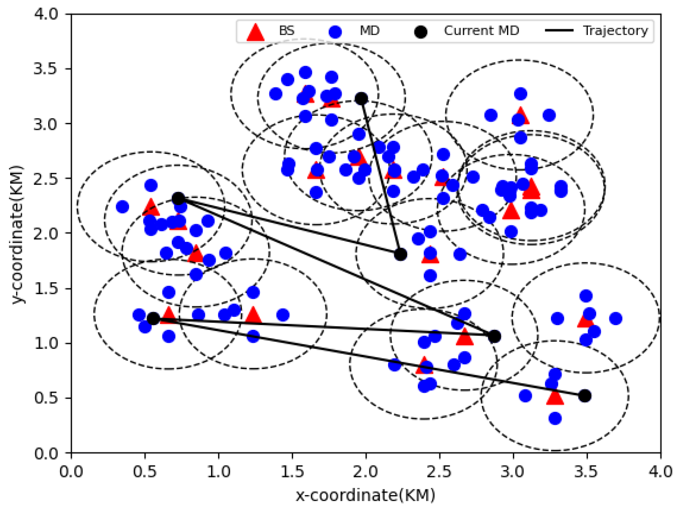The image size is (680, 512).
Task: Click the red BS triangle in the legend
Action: pyautogui.click(x=255, y=32)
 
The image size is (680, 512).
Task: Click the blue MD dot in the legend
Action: pyautogui.click(x=335, y=32)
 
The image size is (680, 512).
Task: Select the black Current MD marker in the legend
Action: pyautogui.click(x=420, y=32)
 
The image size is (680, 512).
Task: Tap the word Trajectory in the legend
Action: pyautogui.click(x=615, y=30)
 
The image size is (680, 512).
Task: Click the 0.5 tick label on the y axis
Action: pyautogui.click(x=46, y=398)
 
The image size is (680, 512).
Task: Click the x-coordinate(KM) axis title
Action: pyautogui.click(x=366, y=495)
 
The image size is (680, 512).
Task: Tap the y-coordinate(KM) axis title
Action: pyautogui.click(x=17, y=234)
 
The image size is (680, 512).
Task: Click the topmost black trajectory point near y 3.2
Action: pyautogui.click(x=361, y=99)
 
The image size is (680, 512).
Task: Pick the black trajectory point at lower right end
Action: pyautogui.click(x=584, y=395)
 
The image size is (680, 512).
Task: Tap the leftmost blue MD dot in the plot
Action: pyautogui.click(x=122, y=207)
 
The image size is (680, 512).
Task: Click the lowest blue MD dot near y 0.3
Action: pyautogui.click(x=555, y=418)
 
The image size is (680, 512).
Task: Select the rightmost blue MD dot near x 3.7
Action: pyautogui.click(x=615, y=319)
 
